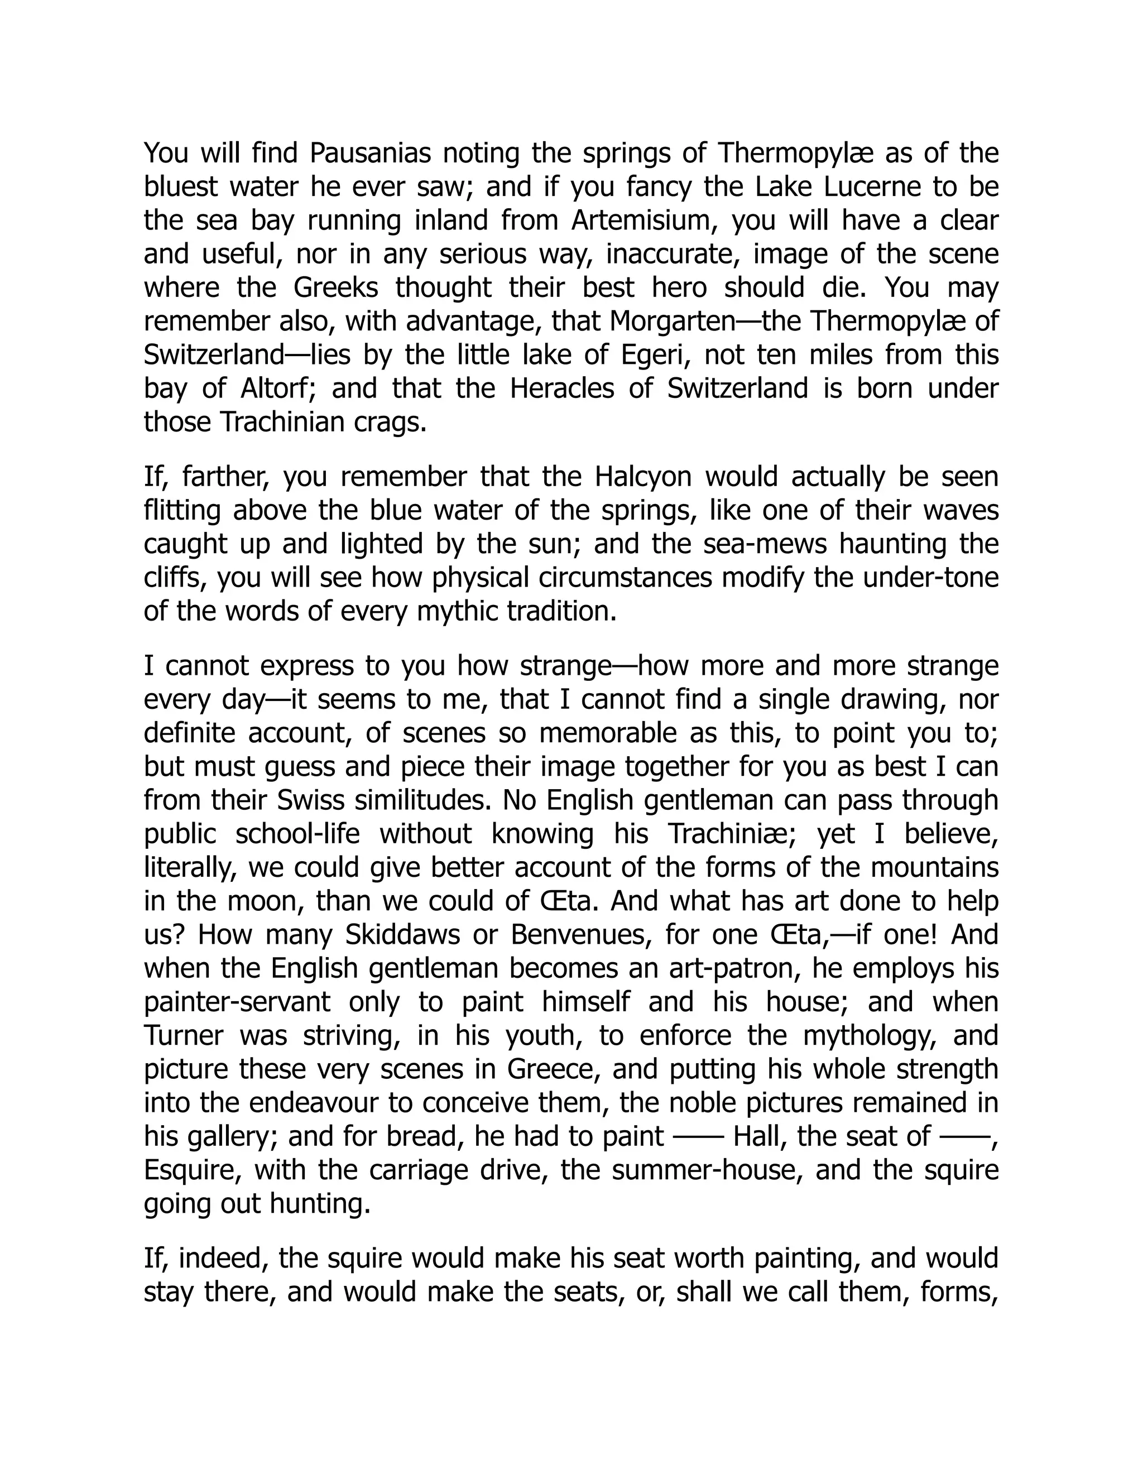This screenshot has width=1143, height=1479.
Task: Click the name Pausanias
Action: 369,153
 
